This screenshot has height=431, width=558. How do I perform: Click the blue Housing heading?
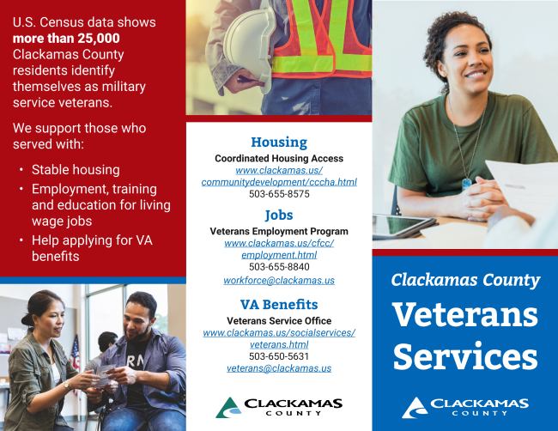click(279, 143)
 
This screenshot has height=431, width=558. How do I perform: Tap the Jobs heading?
click(279, 215)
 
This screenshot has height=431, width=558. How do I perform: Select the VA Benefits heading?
click(279, 305)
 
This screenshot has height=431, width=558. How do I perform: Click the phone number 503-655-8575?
click(279, 194)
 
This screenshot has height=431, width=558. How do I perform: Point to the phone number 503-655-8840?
click(279, 267)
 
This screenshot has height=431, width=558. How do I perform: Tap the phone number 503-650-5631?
click(279, 356)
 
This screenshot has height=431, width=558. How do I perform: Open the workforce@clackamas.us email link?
click(279, 281)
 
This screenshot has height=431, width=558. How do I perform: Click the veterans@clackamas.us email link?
click(279, 368)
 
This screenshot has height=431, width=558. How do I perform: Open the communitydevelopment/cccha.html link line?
click(279, 182)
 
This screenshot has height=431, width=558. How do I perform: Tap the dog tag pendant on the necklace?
click(466, 184)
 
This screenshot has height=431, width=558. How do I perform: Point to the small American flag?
click(75, 352)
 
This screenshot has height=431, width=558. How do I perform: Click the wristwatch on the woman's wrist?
click(67, 385)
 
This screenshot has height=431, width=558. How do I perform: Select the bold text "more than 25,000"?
click(66, 39)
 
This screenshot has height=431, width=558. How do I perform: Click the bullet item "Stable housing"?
click(76, 170)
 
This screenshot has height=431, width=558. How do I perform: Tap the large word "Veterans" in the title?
click(465, 314)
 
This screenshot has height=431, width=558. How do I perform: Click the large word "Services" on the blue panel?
click(465, 356)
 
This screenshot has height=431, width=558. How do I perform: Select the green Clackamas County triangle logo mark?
click(228, 408)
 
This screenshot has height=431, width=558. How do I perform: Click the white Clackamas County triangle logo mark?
click(415, 408)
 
